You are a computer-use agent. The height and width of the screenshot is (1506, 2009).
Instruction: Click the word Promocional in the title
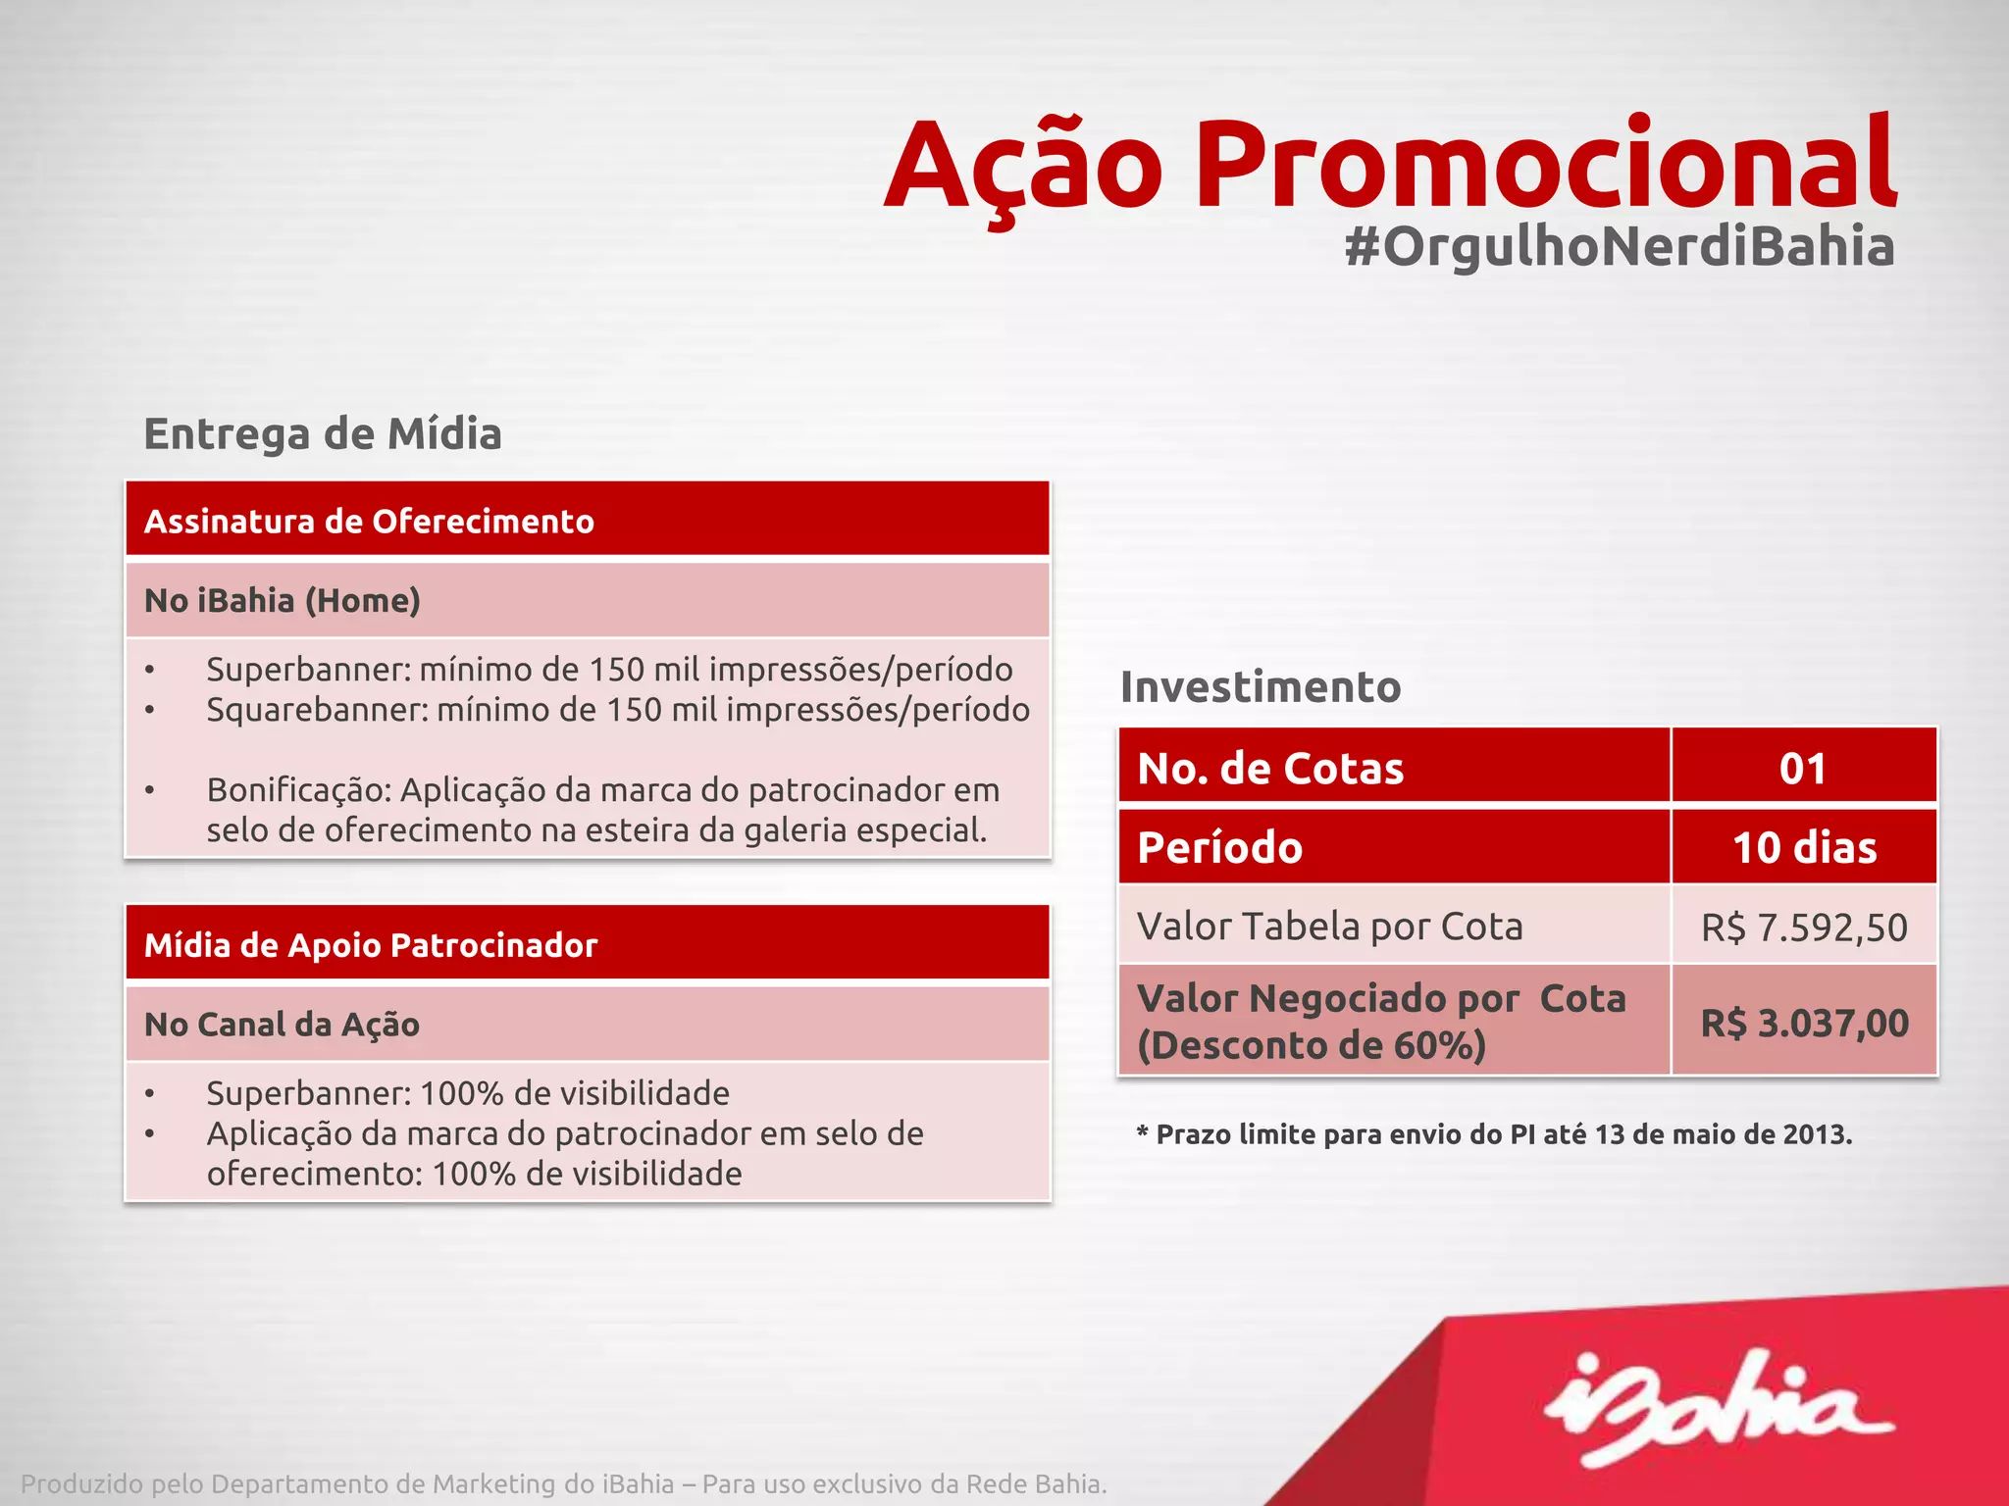[1545, 165]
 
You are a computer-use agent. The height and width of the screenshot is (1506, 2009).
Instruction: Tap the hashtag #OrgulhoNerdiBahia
[1619, 246]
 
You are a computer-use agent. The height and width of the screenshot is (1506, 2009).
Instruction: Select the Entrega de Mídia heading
[323, 433]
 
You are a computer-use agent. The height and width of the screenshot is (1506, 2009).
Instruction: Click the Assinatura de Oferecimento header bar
[587, 521]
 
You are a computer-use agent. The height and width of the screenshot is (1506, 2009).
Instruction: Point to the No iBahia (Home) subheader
[283, 600]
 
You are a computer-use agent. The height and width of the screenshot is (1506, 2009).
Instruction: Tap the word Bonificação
[298, 789]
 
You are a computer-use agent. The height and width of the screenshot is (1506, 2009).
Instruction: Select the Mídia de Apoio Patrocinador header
[587, 945]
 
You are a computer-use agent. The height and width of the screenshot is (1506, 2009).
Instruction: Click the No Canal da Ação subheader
[283, 1025]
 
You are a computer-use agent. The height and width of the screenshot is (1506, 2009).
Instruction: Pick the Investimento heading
[1261, 686]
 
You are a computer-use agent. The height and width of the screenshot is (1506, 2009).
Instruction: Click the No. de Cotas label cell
[1393, 768]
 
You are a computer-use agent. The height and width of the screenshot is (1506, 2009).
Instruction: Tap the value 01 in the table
[1803, 769]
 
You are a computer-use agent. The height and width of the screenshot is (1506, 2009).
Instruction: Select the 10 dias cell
[1803, 848]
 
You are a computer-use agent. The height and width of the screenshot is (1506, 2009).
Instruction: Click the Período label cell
[1393, 848]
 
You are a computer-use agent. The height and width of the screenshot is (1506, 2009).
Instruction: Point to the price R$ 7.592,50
[1803, 928]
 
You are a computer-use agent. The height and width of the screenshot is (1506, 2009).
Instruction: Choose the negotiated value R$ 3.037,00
[1803, 1024]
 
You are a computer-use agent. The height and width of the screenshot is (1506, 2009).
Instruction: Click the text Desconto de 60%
[1312, 1045]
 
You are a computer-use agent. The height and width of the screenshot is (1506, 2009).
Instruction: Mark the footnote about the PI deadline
[1494, 1134]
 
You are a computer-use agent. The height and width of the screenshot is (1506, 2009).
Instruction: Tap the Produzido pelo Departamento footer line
[564, 1483]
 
